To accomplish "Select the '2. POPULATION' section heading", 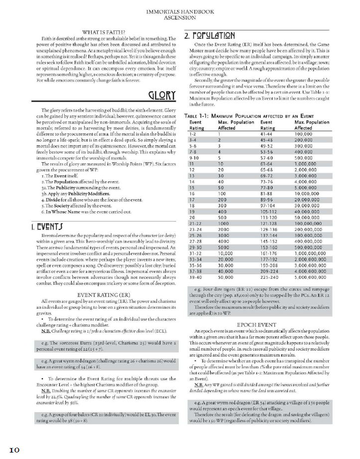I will [x=210, y=36].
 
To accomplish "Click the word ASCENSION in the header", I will [x=180, y=17].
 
